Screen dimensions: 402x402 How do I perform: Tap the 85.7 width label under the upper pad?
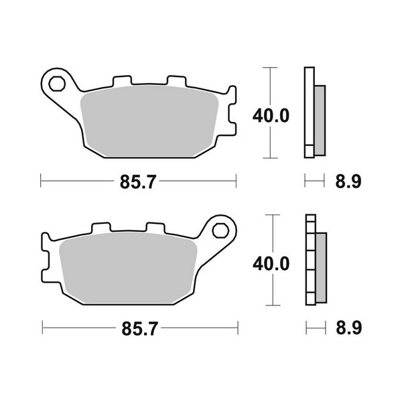pyautogui.click(x=139, y=180)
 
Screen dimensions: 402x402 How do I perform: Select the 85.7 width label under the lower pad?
pyautogui.click(x=139, y=329)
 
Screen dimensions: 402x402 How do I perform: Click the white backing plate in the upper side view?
pyautogui.click(x=309, y=113)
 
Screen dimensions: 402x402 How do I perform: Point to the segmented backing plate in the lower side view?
pyautogui.click(x=310, y=261)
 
